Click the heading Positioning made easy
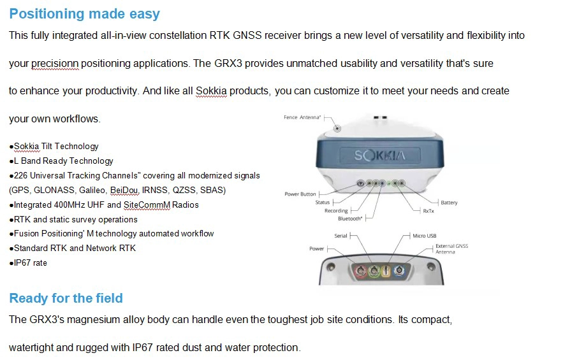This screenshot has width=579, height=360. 85,13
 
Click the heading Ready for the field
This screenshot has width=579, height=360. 66,298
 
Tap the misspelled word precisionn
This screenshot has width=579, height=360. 55,64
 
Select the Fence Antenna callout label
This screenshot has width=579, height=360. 302,117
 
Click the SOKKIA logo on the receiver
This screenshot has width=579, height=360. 380,155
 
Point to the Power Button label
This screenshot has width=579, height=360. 300,194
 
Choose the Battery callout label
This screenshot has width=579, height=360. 449,203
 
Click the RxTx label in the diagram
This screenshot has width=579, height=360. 429,211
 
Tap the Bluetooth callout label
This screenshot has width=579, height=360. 350,219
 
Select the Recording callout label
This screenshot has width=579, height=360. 336,211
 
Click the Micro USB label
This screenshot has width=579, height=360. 424,236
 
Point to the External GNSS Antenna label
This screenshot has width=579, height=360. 451,249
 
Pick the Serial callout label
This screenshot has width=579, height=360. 341,236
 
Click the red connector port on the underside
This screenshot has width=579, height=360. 360,271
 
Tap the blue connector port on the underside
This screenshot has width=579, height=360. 399,271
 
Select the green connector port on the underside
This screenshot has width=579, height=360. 374,271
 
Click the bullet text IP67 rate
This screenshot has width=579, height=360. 30,263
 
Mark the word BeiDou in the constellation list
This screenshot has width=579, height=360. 124,191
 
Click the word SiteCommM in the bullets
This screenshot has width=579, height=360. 147,205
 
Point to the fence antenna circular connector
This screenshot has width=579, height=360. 337,128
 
